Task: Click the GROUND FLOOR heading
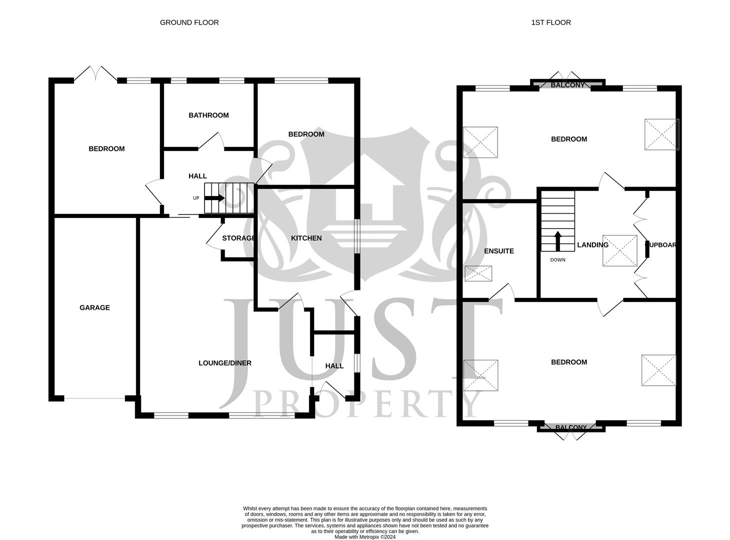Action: tap(189, 22)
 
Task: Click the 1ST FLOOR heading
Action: tap(550, 22)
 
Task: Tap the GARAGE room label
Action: tap(94, 308)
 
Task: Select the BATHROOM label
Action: tap(208, 115)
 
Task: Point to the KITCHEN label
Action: tap(306, 238)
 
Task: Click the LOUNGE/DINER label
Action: tap(224, 363)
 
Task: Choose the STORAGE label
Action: tap(238, 238)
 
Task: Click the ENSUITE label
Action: tap(498, 251)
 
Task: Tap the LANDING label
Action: tap(592, 245)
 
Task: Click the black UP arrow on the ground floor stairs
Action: tap(214, 198)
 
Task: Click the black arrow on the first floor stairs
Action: tap(557, 240)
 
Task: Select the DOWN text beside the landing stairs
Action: tap(557, 260)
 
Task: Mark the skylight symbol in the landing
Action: tap(619, 250)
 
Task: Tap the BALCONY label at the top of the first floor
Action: tap(567, 85)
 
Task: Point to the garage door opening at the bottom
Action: tap(94, 398)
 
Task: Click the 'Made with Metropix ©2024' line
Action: tap(365, 537)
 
